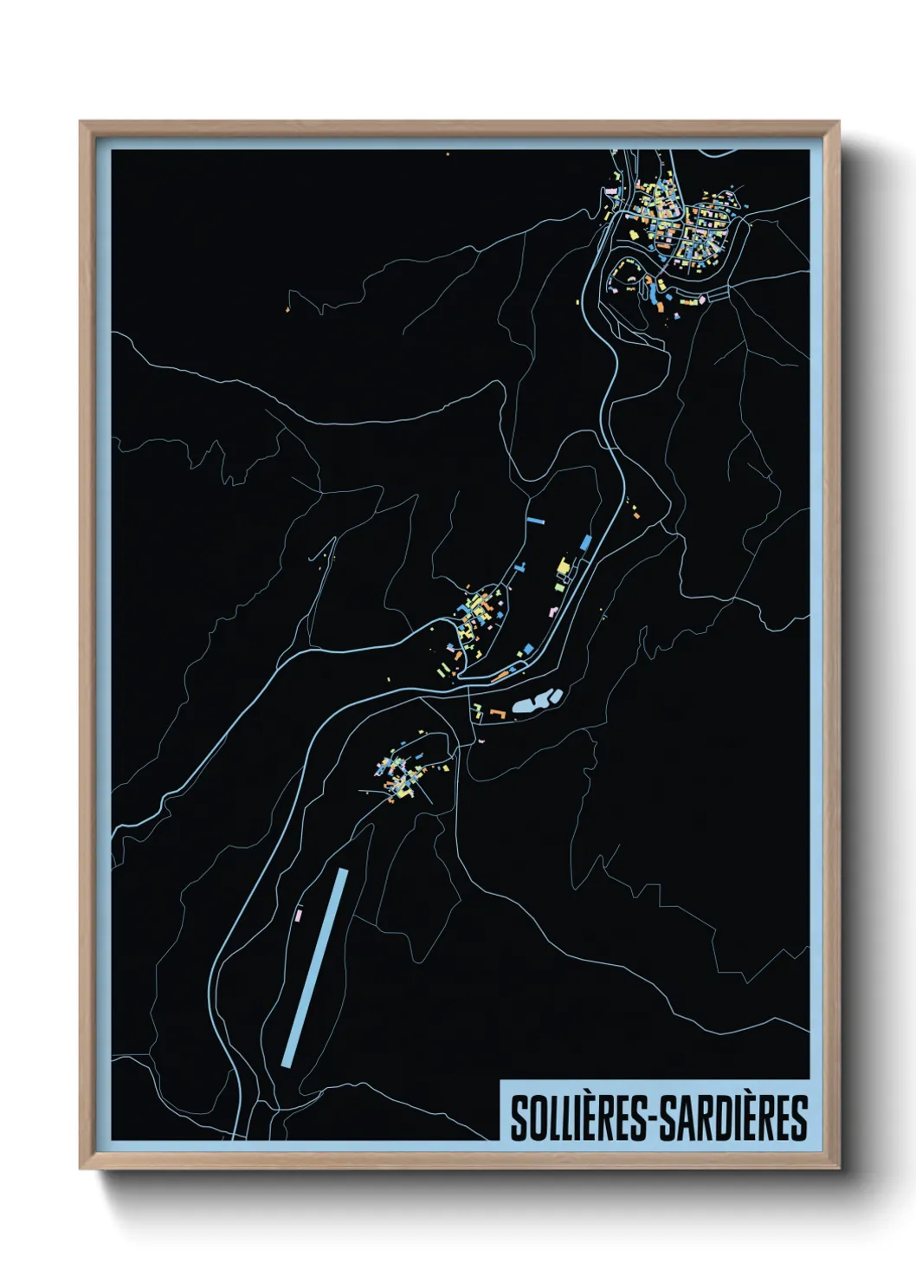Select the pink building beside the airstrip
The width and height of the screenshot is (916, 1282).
click(300, 914)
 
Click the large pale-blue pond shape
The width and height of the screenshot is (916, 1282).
click(536, 702)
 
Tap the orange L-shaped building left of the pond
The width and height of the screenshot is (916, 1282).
click(497, 712)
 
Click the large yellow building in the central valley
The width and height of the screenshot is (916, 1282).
click(564, 567)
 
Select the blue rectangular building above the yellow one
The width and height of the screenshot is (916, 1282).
click(585, 542)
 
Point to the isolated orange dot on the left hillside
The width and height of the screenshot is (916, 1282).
click(288, 308)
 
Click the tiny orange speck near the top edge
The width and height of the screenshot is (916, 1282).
click(448, 154)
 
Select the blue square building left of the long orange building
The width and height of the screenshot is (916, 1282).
click(526, 649)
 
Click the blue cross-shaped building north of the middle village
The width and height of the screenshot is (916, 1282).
click(520, 567)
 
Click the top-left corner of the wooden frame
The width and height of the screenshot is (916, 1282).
click(81, 122)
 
